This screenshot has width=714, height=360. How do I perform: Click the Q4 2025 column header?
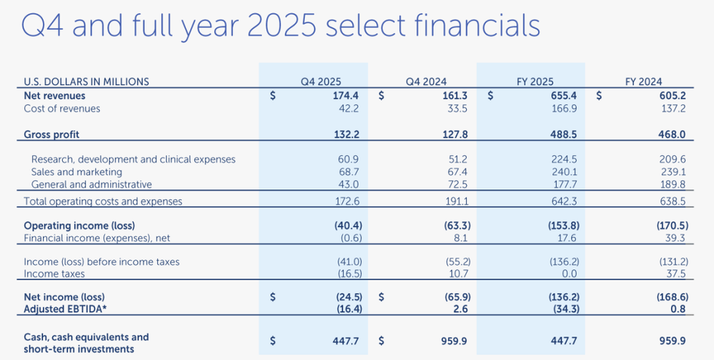(321, 82)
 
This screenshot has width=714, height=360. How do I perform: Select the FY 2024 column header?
(643, 82)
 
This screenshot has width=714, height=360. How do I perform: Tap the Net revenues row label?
(54, 96)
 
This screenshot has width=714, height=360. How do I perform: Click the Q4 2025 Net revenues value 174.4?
(348, 96)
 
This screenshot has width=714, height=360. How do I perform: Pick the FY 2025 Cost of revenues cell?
(567, 109)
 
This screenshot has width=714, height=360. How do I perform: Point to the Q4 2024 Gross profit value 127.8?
(457, 135)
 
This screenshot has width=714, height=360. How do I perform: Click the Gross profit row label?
(51, 135)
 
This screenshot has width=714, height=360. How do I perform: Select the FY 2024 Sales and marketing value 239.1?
(675, 172)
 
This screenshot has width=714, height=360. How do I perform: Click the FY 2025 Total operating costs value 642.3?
(567, 201)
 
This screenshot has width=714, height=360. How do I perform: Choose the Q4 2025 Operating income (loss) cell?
(348, 226)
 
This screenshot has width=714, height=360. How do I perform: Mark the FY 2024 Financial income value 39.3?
(676, 238)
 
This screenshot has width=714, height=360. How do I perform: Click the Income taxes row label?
(54, 274)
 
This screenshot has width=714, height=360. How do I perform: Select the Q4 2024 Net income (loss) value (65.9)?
(457, 297)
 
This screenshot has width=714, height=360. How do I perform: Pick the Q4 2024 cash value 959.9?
(457, 341)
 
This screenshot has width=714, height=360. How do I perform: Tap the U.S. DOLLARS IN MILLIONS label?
(86, 82)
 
